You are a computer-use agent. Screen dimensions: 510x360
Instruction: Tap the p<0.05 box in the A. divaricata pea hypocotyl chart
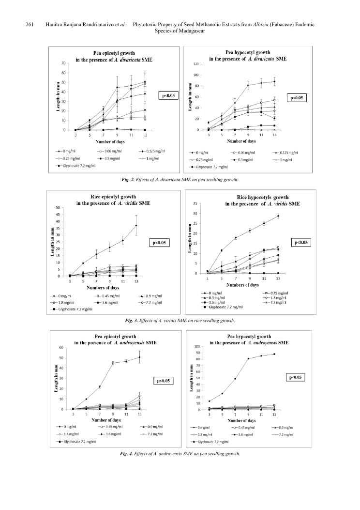pos(297,98)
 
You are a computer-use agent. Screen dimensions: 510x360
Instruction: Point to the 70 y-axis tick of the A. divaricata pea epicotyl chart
pos(63,63)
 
